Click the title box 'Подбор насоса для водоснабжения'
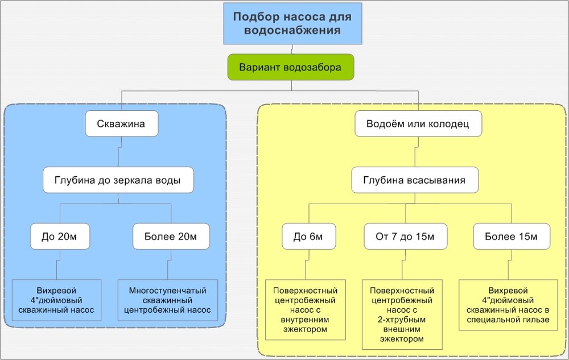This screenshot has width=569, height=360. [292, 23]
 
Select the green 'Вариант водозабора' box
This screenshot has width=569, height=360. [291, 67]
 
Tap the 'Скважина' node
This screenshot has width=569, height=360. [121, 123]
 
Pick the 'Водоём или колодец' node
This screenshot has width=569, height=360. [418, 123]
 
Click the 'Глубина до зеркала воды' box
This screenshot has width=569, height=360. [118, 180]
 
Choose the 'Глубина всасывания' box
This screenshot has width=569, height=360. [414, 180]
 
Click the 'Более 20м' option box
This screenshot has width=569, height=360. [171, 237]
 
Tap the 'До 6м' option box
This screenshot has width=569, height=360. [308, 237]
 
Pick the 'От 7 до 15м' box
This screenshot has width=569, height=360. [406, 237]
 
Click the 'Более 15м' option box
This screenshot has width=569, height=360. [512, 237]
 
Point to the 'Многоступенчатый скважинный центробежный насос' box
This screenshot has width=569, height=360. [168, 300]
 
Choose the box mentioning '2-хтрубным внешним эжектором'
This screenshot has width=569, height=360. [401, 314]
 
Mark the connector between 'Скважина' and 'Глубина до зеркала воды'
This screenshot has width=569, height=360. [118, 152]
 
